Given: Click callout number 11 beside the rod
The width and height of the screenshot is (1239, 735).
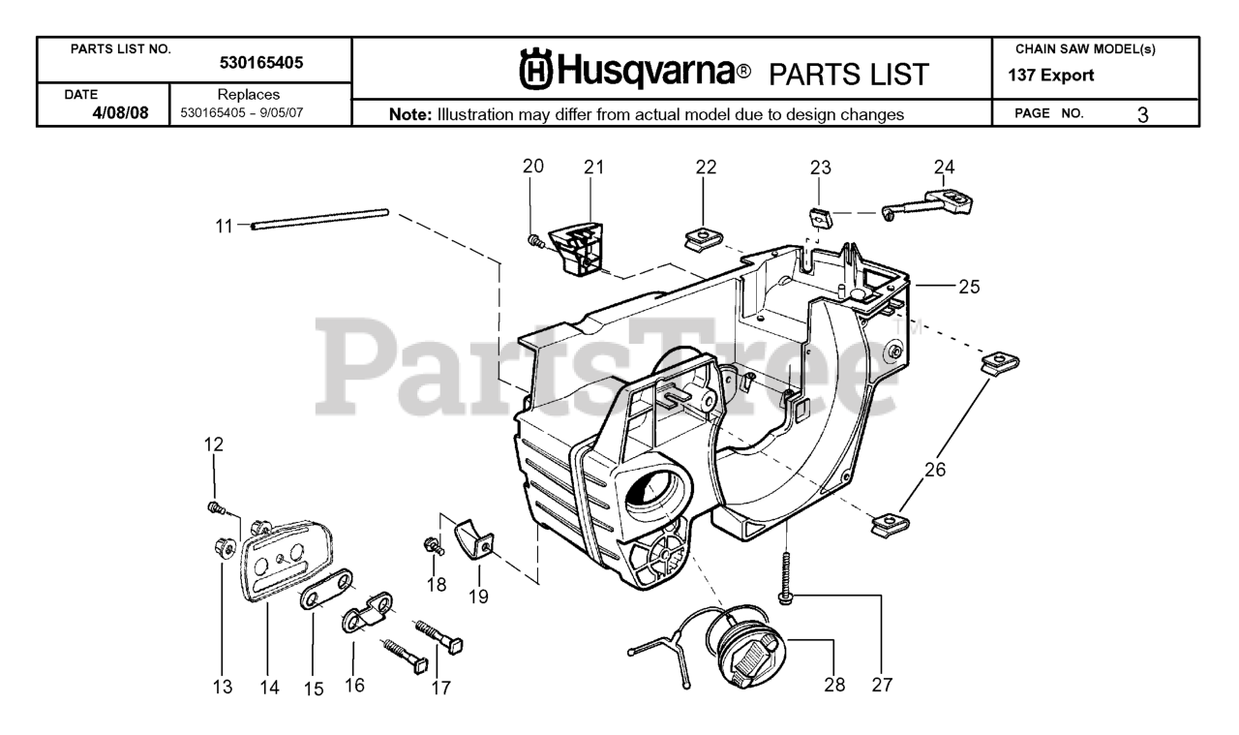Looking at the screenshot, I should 224,226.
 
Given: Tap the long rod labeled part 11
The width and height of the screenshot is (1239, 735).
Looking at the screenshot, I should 319,218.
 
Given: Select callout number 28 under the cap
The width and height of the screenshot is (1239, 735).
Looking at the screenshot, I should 834,686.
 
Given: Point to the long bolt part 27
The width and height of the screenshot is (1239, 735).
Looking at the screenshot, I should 786,577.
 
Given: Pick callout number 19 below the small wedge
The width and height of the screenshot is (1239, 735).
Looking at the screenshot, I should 478,597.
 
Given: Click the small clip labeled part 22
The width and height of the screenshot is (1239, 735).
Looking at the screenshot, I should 699,235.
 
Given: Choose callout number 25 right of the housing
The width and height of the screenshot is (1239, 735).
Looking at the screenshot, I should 969,287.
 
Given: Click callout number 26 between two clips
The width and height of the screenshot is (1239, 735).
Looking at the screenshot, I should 934,471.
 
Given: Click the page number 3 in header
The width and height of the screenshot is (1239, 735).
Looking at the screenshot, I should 1143,114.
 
